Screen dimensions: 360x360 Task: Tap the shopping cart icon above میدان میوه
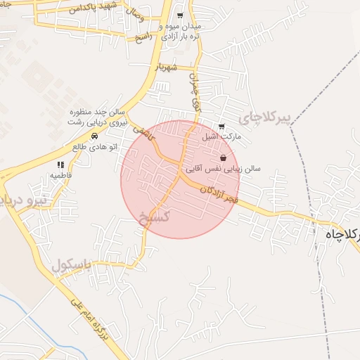(180, 15)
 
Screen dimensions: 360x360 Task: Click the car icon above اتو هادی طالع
(94, 135)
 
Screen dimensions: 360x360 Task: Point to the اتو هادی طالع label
(94, 146)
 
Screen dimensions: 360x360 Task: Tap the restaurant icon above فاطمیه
(60, 163)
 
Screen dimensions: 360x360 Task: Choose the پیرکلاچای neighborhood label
(264, 116)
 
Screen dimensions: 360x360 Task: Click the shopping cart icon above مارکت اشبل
(221, 127)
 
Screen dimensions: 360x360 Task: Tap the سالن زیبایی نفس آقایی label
(224, 169)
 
